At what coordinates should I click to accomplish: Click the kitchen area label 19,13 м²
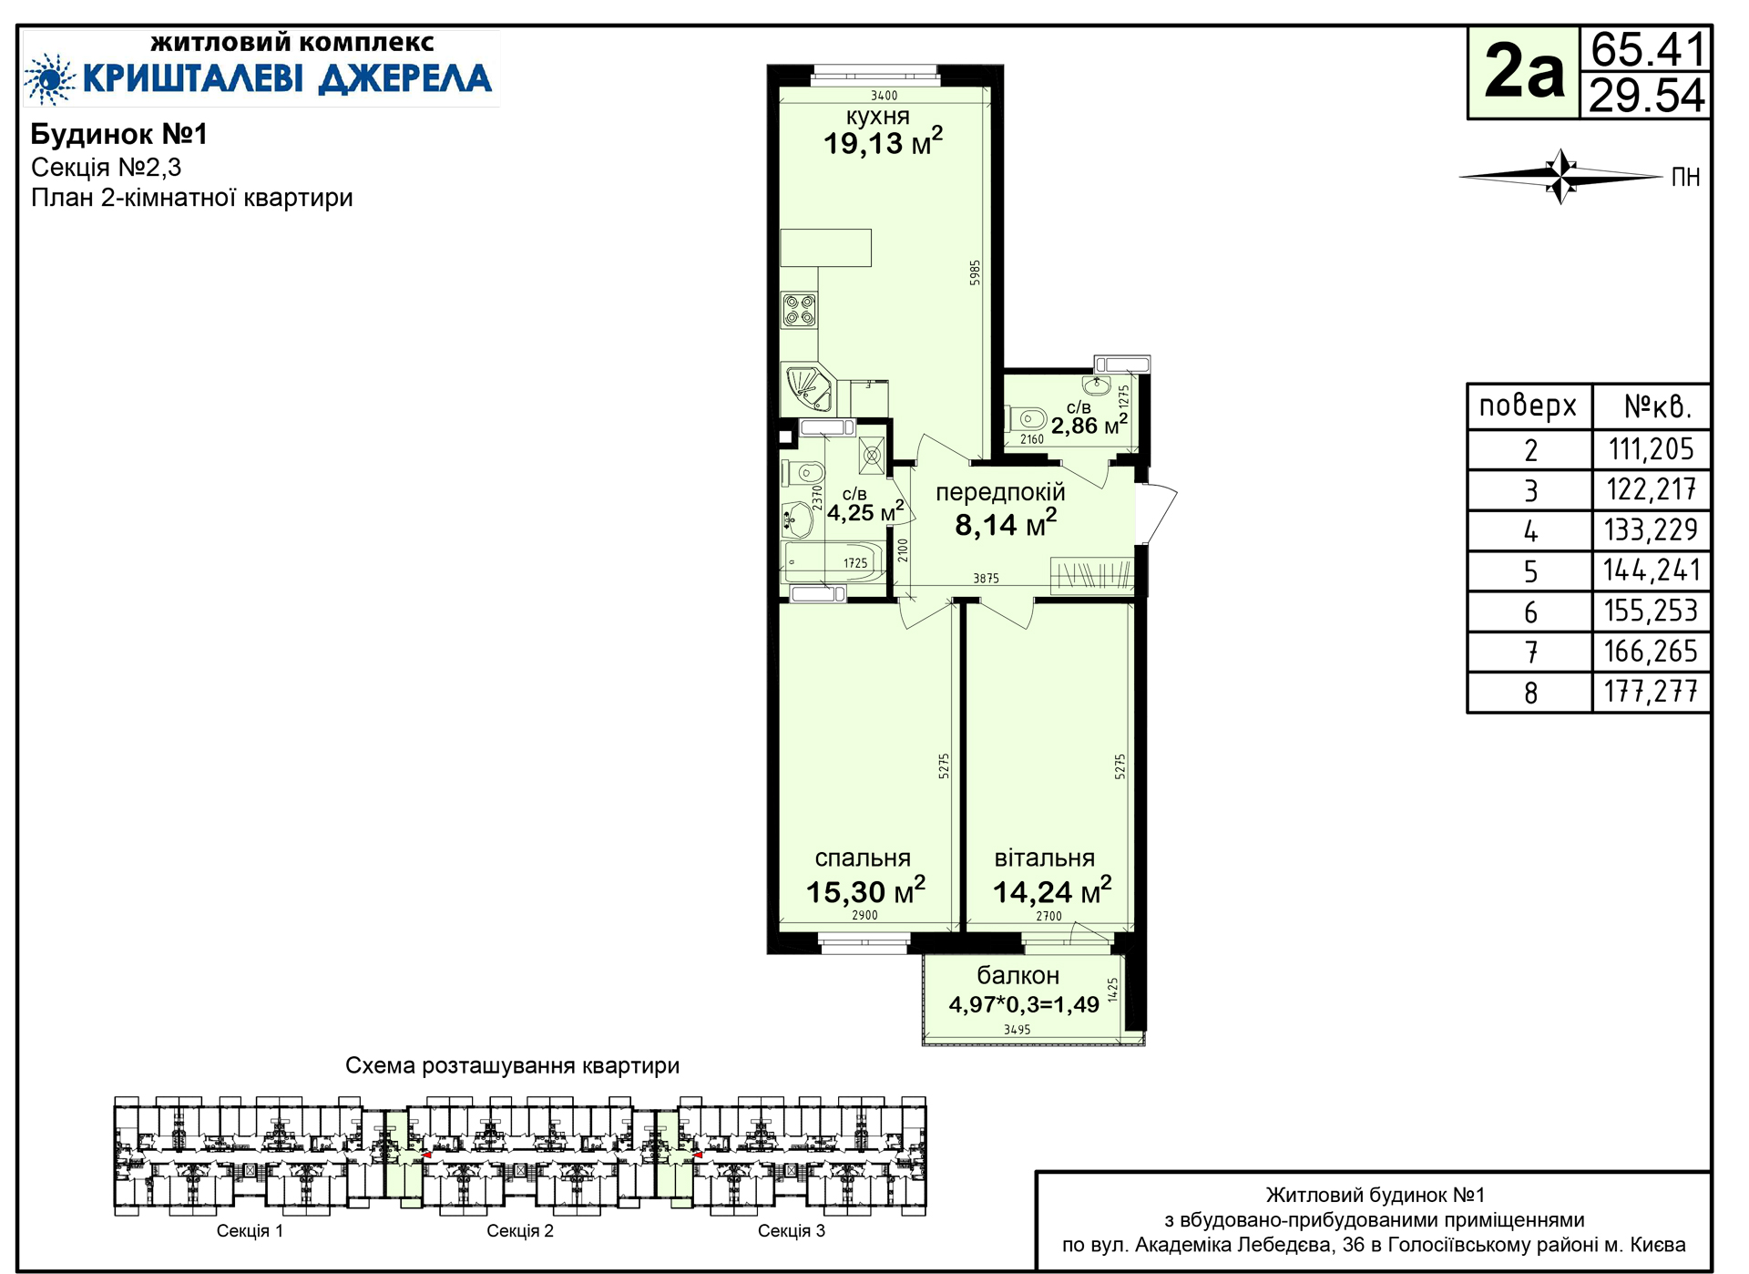(x=883, y=142)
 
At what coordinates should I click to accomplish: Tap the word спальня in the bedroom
(x=862, y=858)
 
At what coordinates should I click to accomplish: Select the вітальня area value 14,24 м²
(x=1052, y=890)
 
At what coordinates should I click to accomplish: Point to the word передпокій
(x=1000, y=493)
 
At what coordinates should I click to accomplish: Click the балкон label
(x=1018, y=975)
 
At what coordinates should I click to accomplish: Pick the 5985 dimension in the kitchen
(x=975, y=272)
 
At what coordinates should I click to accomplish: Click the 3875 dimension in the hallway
(x=986, y=578)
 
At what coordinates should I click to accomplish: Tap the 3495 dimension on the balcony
(x=1017, y=1030)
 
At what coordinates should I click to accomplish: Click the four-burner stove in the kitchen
(x=799, y=310)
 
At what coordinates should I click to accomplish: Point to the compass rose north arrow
(x=1560, y=176)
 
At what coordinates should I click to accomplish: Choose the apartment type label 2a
(x=1524, y=72)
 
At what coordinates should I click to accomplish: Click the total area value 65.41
(x=1648, y=50)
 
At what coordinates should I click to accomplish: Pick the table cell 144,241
(x=1652, y=570)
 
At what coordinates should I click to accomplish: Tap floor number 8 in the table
(x=1530, y=694)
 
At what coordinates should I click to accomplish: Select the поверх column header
(x=1528, y=406)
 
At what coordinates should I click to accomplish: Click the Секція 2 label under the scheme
(x=520, y=1231)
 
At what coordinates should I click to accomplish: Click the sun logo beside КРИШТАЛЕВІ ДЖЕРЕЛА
(x=49, y=78)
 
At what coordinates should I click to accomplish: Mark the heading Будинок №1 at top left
(x=119, y=135)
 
